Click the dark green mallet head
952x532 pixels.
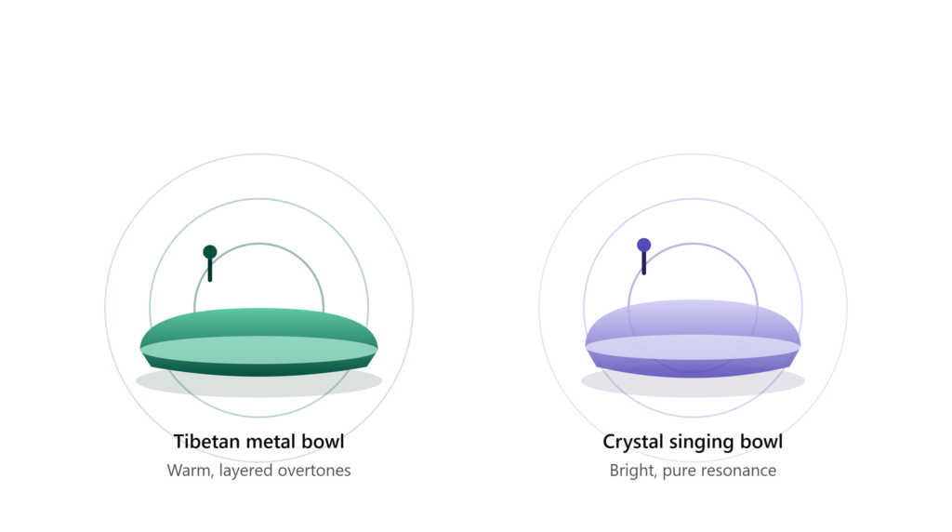(210, 252)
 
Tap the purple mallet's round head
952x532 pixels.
(643, 246)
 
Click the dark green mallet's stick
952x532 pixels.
(210, 271)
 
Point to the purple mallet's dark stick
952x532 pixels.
(643, 263)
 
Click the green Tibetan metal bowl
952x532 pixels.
(259, 342)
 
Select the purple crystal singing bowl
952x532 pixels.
(693, 339)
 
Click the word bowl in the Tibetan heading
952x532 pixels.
(324, 442)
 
